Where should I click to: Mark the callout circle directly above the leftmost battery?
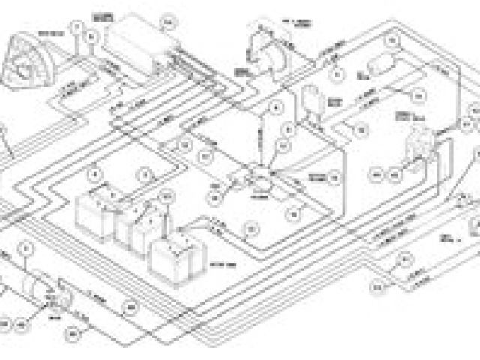[x=94, y=175]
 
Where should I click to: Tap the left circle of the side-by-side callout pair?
[x=378, y=173]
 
